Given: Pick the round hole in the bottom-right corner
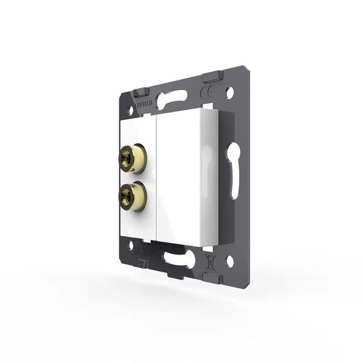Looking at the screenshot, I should [x=229, y=261].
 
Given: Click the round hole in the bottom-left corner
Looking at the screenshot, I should [x=131, y=246].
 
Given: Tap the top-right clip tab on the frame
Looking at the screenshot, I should [x=212, y=77].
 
